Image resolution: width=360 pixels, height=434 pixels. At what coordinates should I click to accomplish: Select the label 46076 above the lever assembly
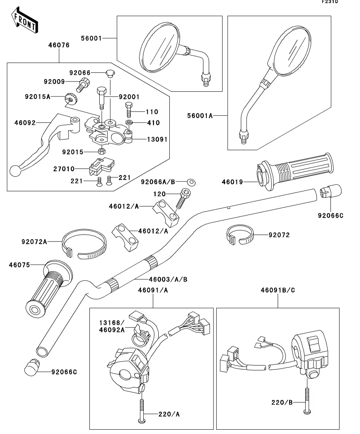(x=59, y=45)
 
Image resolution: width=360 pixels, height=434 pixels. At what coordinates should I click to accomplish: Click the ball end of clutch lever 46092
(x=15, y=170)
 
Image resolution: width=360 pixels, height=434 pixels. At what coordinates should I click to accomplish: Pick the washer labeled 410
(x=129, y=123)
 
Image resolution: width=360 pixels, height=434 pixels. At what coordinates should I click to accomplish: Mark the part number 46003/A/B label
(x=168, y=279)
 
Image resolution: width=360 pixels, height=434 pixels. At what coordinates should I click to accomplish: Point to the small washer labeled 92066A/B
(x=192, y=182)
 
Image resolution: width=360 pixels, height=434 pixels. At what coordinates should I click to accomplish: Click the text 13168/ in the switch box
(x=111, y=323)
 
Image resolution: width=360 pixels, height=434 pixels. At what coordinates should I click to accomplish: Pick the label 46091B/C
(x=278, y=290)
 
